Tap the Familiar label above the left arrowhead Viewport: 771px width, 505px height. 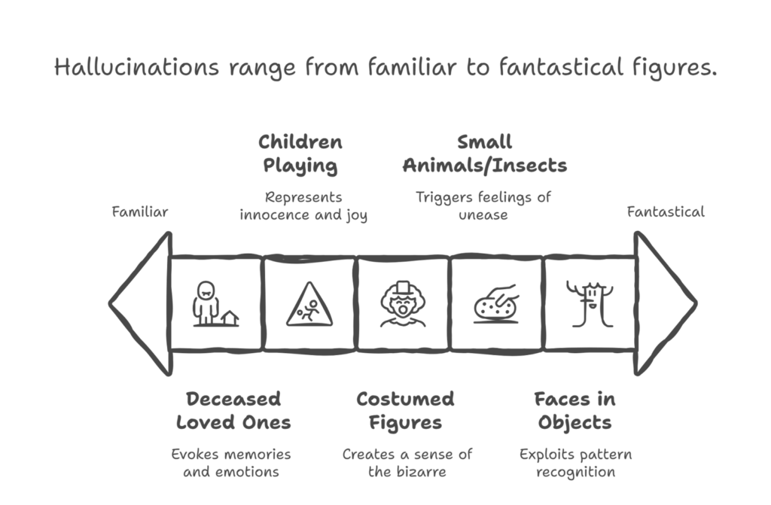[x=140, y=212]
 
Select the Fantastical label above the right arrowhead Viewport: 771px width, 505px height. [x=666, y=212]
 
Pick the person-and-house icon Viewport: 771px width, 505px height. [x=214, y=304]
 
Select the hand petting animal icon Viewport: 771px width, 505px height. [x=494, y=303]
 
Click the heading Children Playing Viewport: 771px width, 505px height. [x=300, y=154]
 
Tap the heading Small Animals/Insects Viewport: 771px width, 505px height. [x=484, y=154]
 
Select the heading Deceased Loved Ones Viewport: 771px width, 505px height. [x=233, y=410]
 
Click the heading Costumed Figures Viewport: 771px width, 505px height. [x=405, y=410]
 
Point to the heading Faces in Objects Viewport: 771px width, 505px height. [x=575, y=410]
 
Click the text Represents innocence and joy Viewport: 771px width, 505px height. [x=303, y=206]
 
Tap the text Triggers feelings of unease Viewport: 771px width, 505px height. [x=484, y=206]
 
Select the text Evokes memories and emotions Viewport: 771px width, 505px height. [x=230, y=464]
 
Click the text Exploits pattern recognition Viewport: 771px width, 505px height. [x=575, y=464]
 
